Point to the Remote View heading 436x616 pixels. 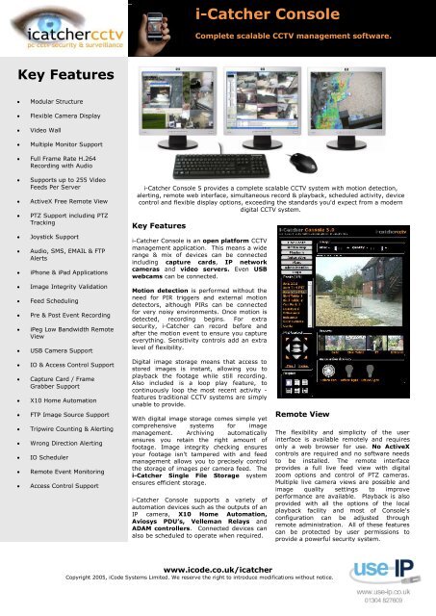click(x=305, y=413)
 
